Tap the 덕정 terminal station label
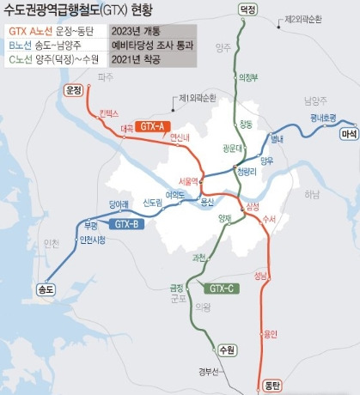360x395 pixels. (x=248, y=9)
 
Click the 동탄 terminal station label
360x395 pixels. (x=272, y=384)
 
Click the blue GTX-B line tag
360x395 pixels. (x=126, y=223)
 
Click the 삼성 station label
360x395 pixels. (x=252, y=208)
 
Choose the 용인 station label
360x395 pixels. (x=270, y=333)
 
